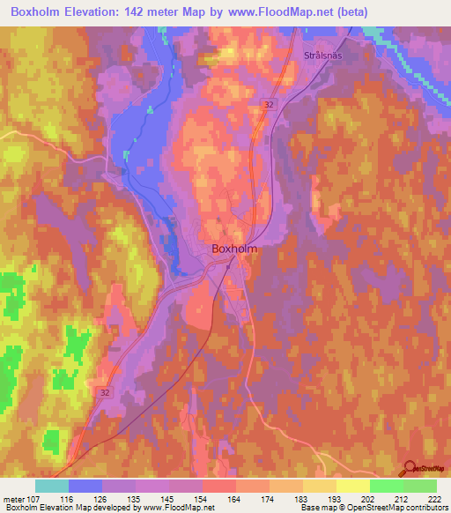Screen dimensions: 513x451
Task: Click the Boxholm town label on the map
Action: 234,249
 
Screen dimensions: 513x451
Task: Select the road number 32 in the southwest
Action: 105,392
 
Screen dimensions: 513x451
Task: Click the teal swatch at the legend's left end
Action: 52,486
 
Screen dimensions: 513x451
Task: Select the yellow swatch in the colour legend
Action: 352,486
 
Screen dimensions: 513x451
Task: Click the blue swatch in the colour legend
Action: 85,486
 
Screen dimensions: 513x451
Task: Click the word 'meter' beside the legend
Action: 11,499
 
